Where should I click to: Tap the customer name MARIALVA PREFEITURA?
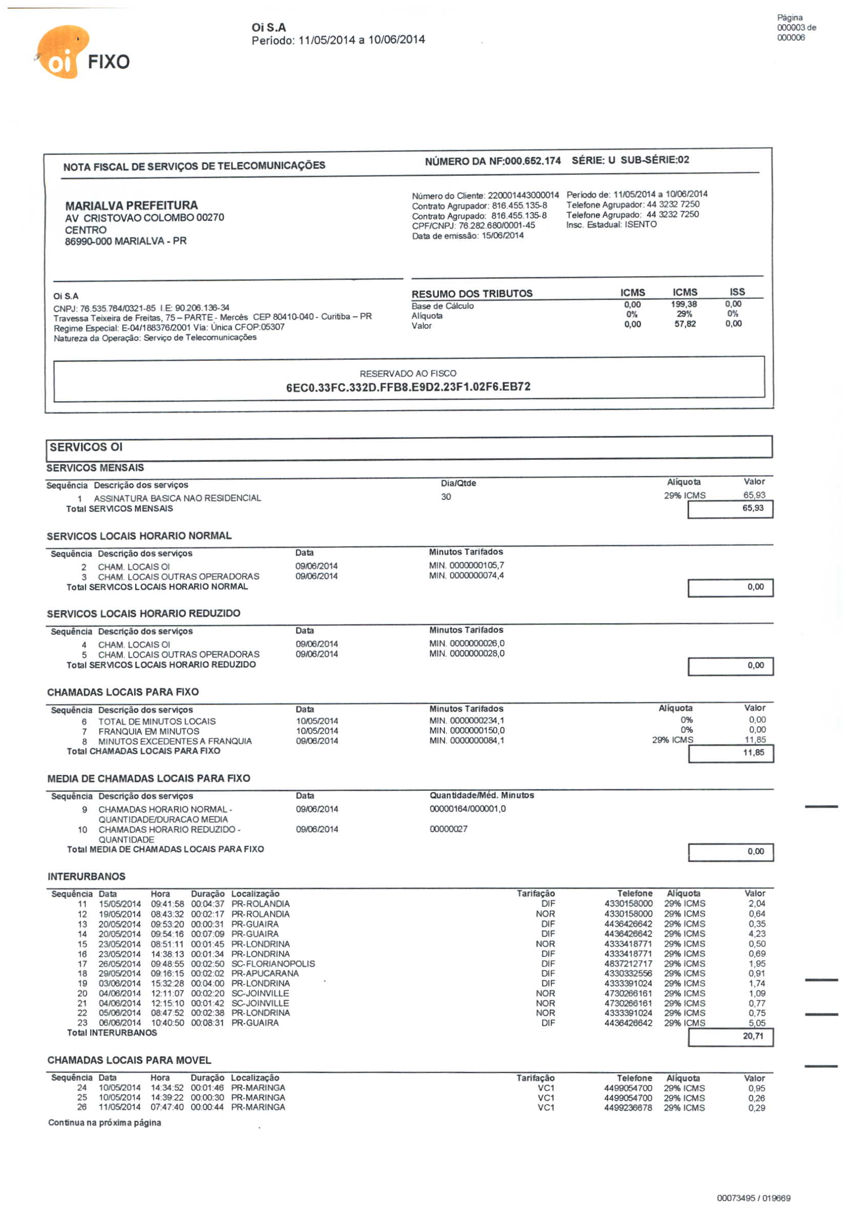[x=132, y=205]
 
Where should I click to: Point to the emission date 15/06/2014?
[x=502, y=236]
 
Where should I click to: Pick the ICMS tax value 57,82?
[x=684, y=324]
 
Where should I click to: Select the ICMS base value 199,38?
[x=684, y=304]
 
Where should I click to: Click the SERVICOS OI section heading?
[x=86, y=447]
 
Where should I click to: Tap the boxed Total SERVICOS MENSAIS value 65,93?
[x=752, y=508]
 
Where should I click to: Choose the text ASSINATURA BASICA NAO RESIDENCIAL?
[x=177, y=498]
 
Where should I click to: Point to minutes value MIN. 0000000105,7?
[x=466, y=565]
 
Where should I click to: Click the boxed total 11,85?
[x=753, y=752]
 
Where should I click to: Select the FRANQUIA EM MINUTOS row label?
[x=149, y=731]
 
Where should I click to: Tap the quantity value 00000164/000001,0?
[x=468, y=809]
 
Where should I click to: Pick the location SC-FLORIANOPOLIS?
[x=273, y=963]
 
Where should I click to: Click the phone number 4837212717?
[x=628, y=963]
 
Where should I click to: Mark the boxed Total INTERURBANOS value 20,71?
[x=752, y=1036]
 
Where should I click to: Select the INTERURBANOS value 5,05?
[x=756, y=1023]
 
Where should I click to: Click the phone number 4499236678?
[x=628, y=1108]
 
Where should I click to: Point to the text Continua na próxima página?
[x=104, y=1123]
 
